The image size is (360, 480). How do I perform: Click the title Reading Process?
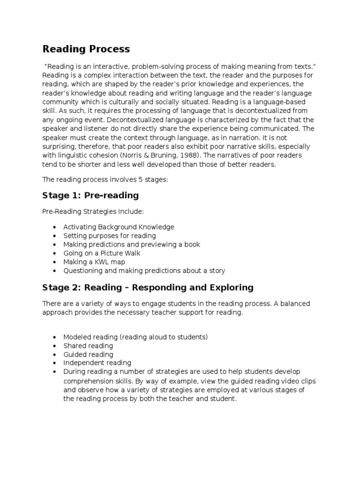pyautogui.click(x=86, y=49)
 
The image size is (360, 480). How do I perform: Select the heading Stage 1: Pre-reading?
pyautogui.click(x=90, y=195)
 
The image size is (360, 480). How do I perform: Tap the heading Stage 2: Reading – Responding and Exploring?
pyautogui.click(x=148, y=287)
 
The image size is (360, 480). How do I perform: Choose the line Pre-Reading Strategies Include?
pyautogui.click(x=90, y=211)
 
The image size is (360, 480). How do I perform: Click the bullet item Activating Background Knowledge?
pyautogui.click(x=119, y=227)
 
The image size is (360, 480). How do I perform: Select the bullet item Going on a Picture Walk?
pyautogui.click(x=102, y=253)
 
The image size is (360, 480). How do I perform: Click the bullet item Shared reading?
pyautogui.click(x=88, y=345)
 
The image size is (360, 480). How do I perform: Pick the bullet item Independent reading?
pyautogui.click(x=97, y=363)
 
